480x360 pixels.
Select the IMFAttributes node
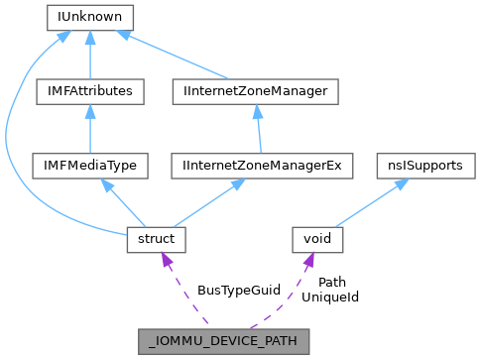[90, 91]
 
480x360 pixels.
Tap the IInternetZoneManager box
[256, 91]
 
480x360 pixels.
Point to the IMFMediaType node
[90, 166]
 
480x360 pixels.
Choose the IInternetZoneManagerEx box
[262, 166]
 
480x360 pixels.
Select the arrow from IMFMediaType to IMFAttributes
[90, 129]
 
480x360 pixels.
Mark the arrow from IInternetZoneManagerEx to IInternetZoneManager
[258, 129]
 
